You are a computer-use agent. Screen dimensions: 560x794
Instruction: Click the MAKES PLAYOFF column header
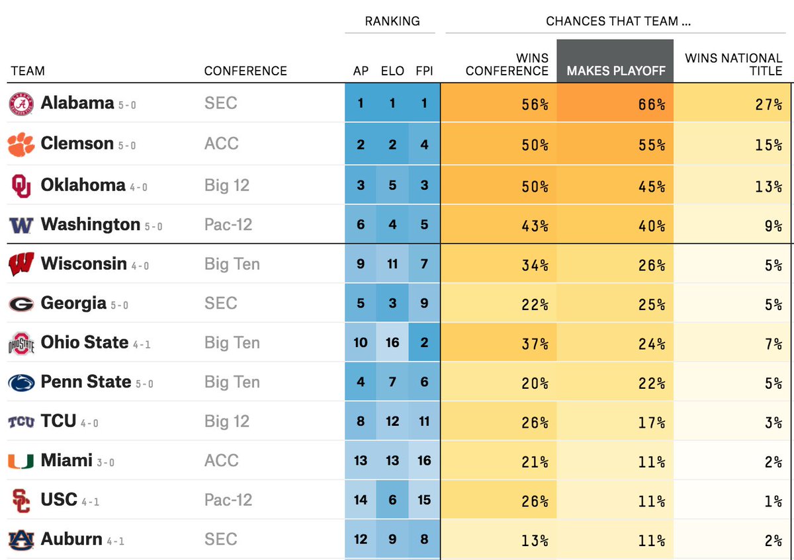tap(615, 71)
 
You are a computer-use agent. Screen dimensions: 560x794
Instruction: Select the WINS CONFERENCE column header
tap(507, 65)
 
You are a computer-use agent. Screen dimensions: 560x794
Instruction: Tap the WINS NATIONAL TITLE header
tap(733, 65)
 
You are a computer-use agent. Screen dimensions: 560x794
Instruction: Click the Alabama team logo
tap(21, 104)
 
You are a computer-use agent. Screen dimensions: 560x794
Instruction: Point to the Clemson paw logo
tap(21, 143)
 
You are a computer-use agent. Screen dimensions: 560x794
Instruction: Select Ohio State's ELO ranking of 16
tap(392, 342)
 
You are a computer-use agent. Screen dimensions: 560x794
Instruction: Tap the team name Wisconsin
tap(83, 264)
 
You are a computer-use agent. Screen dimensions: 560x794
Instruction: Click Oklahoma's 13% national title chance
tap(768, 186)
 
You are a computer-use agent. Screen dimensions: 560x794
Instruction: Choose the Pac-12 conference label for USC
tap(228, 500)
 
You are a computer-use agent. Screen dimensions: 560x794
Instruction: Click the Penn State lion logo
tap(21, 382)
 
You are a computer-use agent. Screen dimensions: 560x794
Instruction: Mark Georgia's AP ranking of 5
tap(361, 303)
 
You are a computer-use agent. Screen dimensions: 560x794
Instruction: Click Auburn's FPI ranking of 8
tap(424, 540)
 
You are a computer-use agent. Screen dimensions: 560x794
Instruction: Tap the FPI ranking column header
tap(424, 71)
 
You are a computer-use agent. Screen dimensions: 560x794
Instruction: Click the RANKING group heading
tap(392, 21)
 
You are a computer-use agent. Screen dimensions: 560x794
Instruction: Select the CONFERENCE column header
tap(245, 71)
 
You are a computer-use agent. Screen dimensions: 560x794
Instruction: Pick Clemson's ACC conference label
tap(221, 143)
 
